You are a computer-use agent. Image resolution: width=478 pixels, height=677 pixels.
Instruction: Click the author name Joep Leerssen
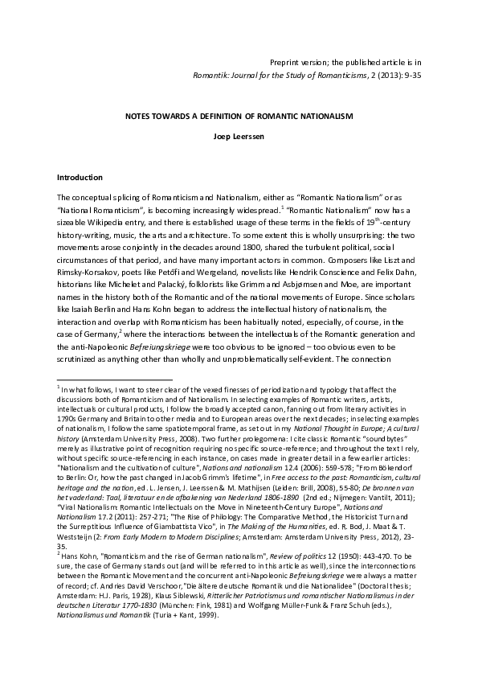click(x=239, y=136)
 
